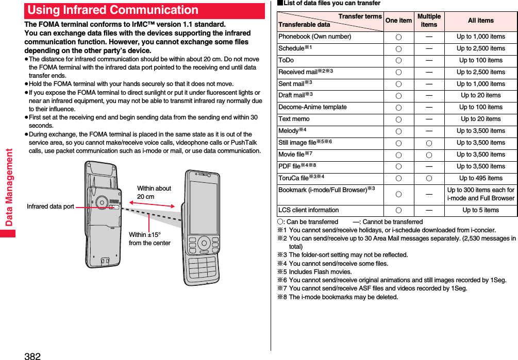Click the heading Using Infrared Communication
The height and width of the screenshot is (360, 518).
coord(113,10)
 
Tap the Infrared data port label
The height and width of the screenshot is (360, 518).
coord(51,207)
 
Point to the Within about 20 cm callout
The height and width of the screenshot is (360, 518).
coord(154,193)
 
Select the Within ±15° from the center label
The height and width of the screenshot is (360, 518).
coord(149,239)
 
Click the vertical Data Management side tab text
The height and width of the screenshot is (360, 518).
coord(8,188)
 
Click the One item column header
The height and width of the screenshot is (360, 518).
coord(398,21)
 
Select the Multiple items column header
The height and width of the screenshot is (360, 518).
coord(429,21)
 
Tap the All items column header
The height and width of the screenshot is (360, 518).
coord(480,21)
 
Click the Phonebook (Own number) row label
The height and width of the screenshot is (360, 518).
coord(314,37)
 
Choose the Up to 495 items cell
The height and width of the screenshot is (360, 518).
coord(480,178)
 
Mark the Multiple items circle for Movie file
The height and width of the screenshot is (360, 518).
coord(429,155)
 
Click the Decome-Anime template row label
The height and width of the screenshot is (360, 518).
coord(312,107)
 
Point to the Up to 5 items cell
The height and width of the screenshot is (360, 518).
coord(480,210)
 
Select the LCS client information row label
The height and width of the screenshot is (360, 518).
coord(308,210)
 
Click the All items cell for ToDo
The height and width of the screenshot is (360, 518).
coord(480,60)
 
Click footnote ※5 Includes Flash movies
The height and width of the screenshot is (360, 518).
coord(314,272)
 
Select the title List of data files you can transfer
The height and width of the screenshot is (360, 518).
coord(328,4)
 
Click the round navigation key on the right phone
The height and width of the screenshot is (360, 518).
coord(204,243)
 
